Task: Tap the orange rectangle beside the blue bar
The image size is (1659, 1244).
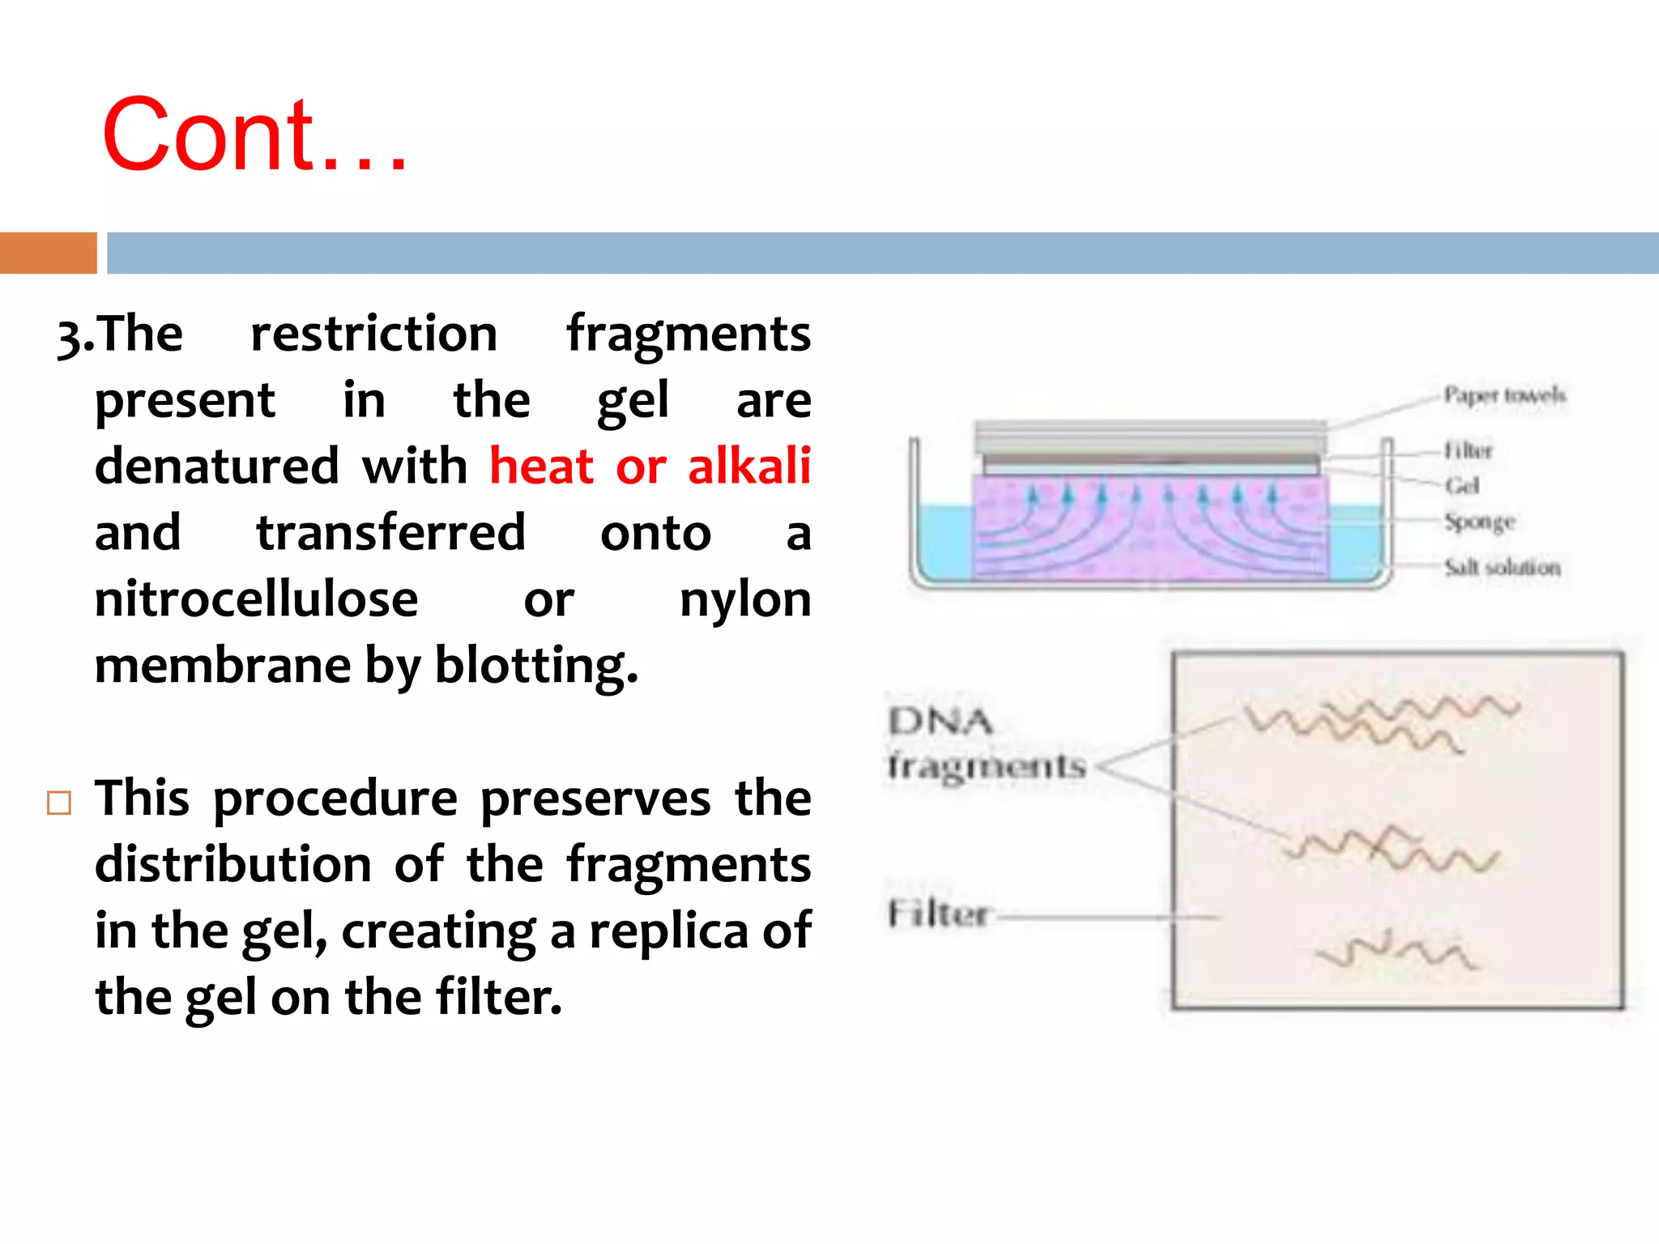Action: point(48,253)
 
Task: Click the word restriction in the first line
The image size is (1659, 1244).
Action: point(373,333)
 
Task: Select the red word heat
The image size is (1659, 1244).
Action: point(542,466)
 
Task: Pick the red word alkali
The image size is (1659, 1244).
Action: point(748,466)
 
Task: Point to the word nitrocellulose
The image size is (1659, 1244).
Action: point(256,599)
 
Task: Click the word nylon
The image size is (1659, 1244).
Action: point(744,601)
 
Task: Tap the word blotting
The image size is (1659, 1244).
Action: point(535,666)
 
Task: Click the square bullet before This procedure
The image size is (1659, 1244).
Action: point(59,803)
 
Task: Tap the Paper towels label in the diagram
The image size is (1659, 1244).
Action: point(1504,395)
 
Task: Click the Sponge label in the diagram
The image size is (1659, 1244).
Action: point(1479,522)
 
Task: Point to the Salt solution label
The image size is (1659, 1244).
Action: point(1502,567)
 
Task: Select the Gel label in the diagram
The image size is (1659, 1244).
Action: point(1462,485)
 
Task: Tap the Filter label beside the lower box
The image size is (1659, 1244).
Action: point(937,914)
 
